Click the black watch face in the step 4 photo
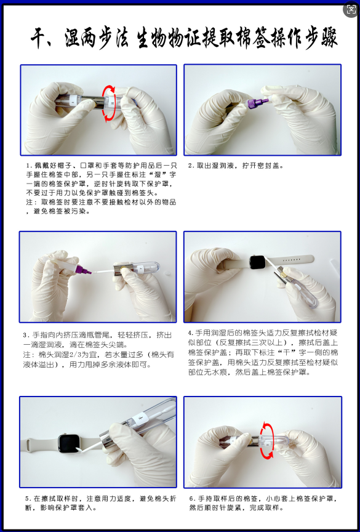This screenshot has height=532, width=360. coord(259,261)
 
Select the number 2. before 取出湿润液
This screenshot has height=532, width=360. coord(191,166)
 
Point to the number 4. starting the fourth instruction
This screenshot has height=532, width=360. coord(191,333)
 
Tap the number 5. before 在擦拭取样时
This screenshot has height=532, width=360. coord(28,498)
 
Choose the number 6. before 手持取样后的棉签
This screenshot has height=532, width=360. coord(192,498)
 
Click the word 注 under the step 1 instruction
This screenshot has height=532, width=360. coord(30,202)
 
